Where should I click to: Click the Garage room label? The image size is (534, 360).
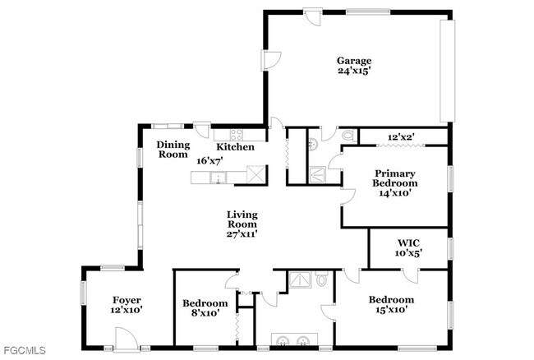(x=354, y=60)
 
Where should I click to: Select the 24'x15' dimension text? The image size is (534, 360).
(x=354, y=72)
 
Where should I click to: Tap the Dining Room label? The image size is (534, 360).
(x=173, y=149)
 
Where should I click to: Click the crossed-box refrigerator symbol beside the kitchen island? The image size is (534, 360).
(x=256, y=173)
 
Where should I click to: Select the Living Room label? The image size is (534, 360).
(x=242, y=219)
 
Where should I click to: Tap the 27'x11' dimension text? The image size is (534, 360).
(x=242, y=234)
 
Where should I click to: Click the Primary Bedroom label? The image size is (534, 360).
(x=395, y=178)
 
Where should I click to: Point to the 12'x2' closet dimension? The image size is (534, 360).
(x=402, y=136)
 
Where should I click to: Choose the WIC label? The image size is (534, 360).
(x=408, y=242)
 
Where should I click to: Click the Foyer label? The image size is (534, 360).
(x=127, y=300)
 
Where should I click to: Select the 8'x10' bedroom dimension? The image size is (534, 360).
(x=204, y=313)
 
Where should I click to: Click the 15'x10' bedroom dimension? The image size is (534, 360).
(x=391, y=311)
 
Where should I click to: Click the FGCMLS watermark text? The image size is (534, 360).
(x=24, y=351)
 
